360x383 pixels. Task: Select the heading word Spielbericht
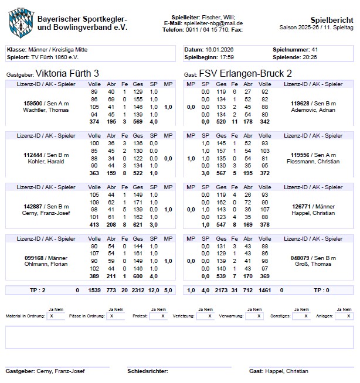[334, 19]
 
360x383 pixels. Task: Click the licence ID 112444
[33, 155]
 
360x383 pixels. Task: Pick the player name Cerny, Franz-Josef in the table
[46, 213]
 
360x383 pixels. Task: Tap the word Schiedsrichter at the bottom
[148, 371]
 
